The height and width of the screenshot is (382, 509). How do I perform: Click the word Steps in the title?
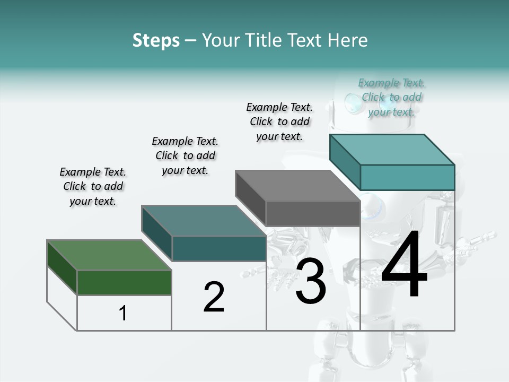coord(156,40)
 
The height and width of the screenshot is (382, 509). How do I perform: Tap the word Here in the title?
coord(348,40)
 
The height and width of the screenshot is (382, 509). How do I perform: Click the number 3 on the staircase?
coord(310,281)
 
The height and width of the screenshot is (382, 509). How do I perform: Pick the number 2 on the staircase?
coord(214,297)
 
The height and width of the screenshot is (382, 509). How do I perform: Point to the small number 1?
coord(122,314)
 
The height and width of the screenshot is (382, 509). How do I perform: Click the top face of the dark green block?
coord(109,255)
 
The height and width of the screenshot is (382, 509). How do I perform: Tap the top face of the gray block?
coord(297,186)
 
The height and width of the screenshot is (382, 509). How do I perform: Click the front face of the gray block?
coord(313,214)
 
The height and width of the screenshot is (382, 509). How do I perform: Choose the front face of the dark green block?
coord(124,282)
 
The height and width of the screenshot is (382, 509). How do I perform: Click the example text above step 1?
coord(93,186)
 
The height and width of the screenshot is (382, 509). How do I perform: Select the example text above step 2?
coord(185,155)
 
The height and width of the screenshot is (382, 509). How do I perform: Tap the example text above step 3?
coord(279,121)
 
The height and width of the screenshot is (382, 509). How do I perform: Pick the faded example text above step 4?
coord(391,97)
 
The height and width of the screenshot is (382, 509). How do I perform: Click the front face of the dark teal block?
coord(219,248)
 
